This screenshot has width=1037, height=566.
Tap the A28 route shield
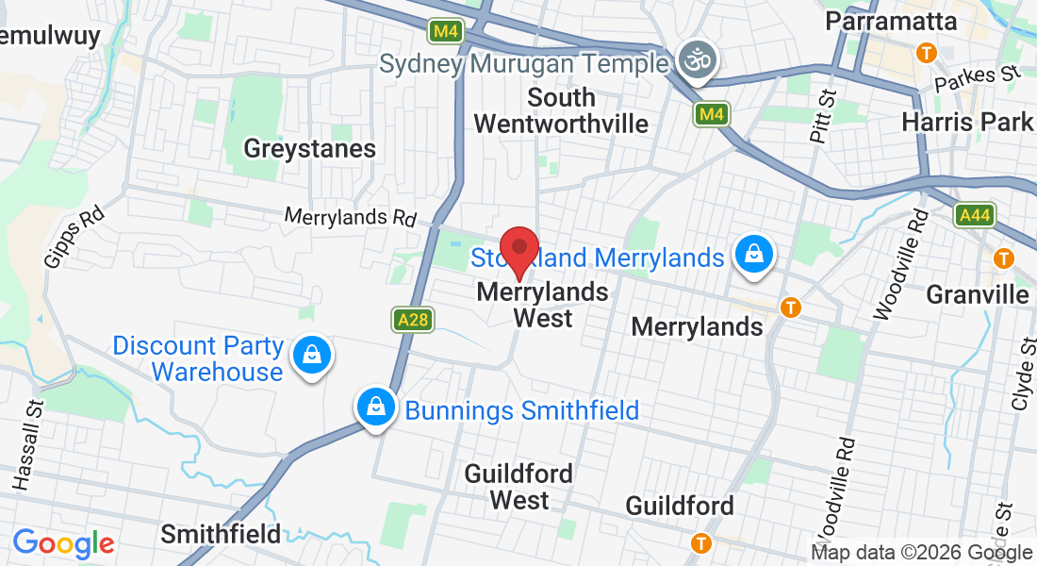coord(413,320)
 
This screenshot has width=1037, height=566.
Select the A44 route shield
coord(974,216)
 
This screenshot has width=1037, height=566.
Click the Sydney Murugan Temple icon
coord(699,61)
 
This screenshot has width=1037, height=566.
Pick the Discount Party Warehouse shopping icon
coord(310,356)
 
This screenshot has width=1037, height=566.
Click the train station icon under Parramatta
coord(927,53)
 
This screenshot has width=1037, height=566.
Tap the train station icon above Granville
coord(1004,258)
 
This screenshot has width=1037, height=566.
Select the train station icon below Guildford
coord(700,542)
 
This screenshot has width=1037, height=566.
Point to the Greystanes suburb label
coord(309,149)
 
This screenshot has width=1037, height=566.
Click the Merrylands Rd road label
coord(351,216)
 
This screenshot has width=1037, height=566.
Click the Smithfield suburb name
coord(221,534)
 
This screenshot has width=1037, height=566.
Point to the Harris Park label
coord(967,122)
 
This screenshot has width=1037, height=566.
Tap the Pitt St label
coord(824,114)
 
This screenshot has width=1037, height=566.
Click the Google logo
coord(63,543)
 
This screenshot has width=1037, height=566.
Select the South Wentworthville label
coord(561,110)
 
